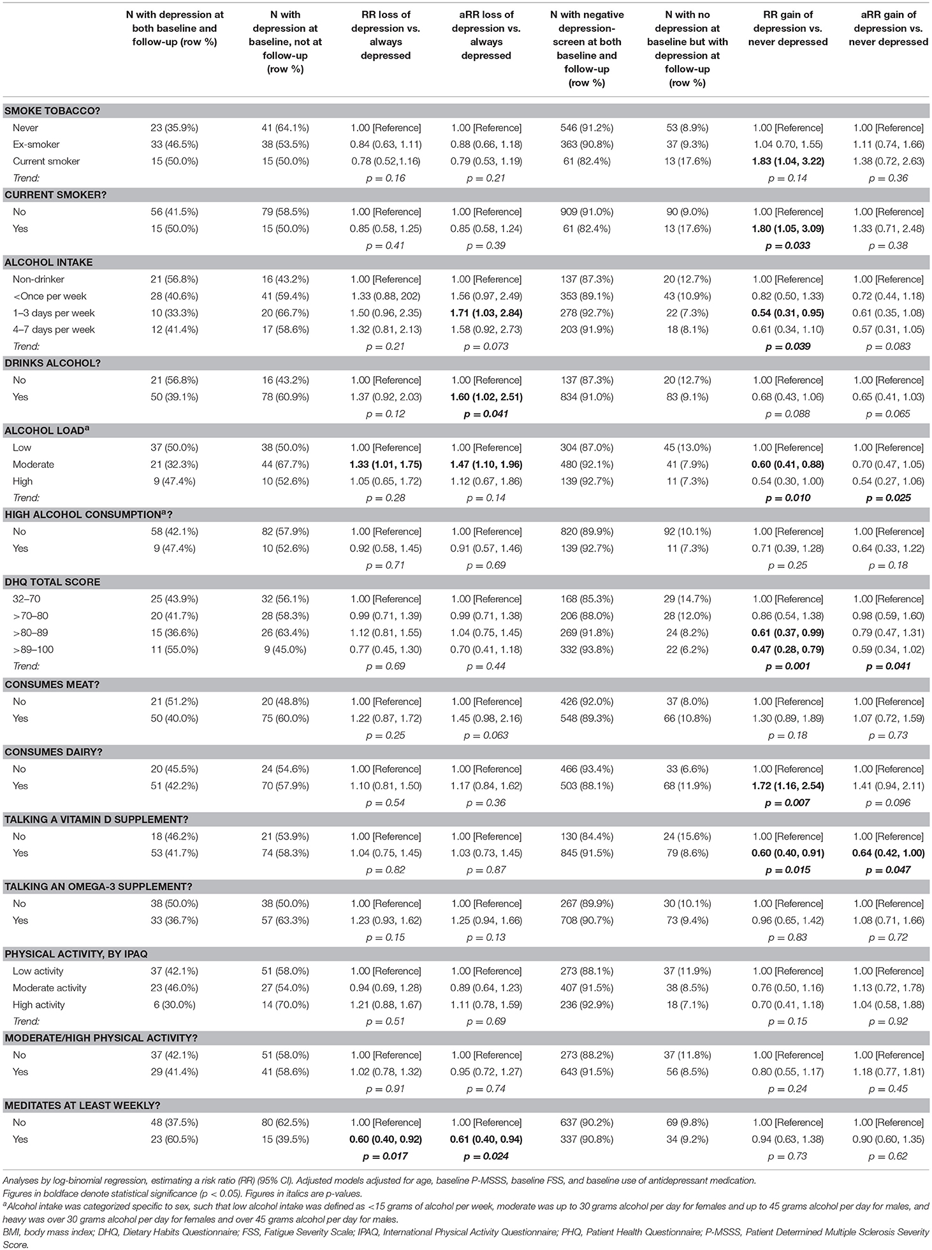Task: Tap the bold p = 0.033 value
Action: [x=788, y=245]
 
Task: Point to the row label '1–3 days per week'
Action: [x=54, y=313]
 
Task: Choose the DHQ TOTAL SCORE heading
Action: [x=52, y=582]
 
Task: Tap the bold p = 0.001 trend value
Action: [x=788, y=666]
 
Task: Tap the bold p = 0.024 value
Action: [x=486, y=1156]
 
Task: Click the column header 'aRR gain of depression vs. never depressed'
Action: [x=888, y=28]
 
